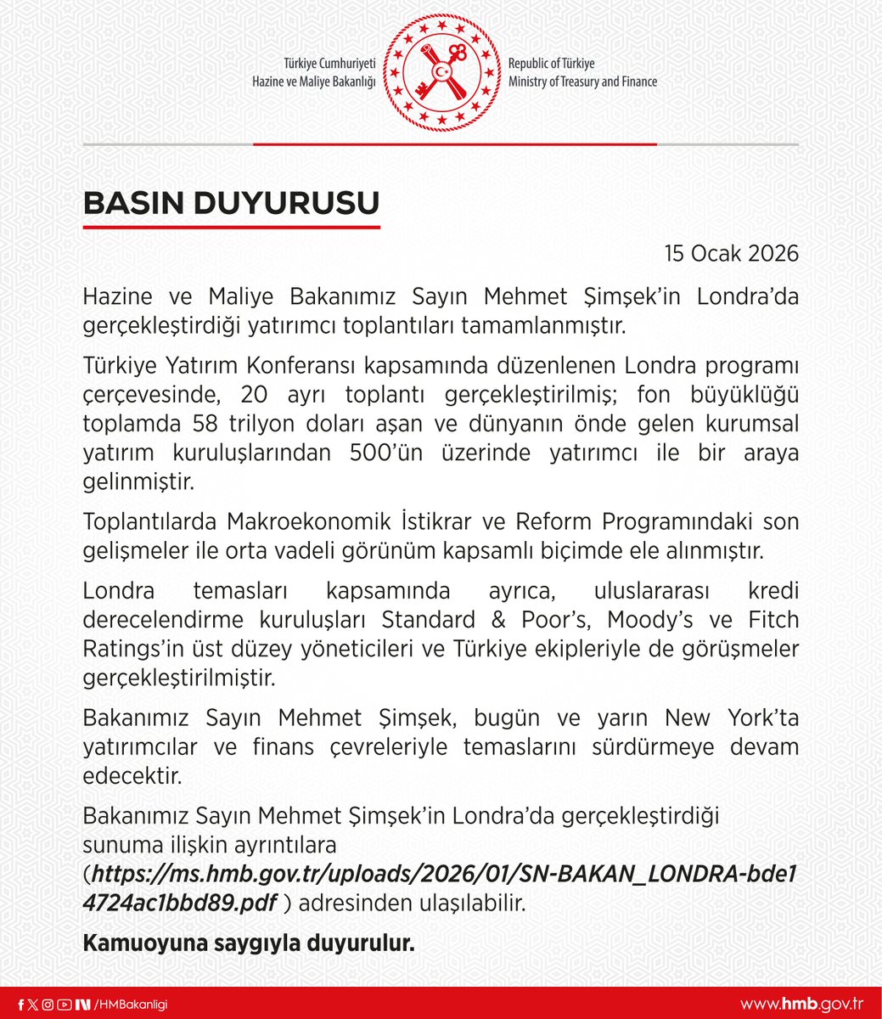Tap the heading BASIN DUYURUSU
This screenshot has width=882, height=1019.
pyautogui.click(x=231, y=204)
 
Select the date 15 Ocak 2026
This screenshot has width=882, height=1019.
pyautogui.click(x=731, y=253)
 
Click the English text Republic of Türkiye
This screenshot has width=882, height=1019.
pyautogui.click(x=552, y=65)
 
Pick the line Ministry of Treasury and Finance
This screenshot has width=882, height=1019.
pyautogui.click(x=582, y=82)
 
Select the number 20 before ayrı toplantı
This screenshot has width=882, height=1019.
pyautogui.click(x=254, y=395)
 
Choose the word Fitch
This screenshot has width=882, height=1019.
pyautogui.click(x=773, y=619)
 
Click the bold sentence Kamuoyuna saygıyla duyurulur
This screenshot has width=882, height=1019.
pyautogui.click(x=248, y=943)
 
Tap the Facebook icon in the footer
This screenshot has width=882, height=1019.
pyautogui.click(x=20, y=1005)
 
